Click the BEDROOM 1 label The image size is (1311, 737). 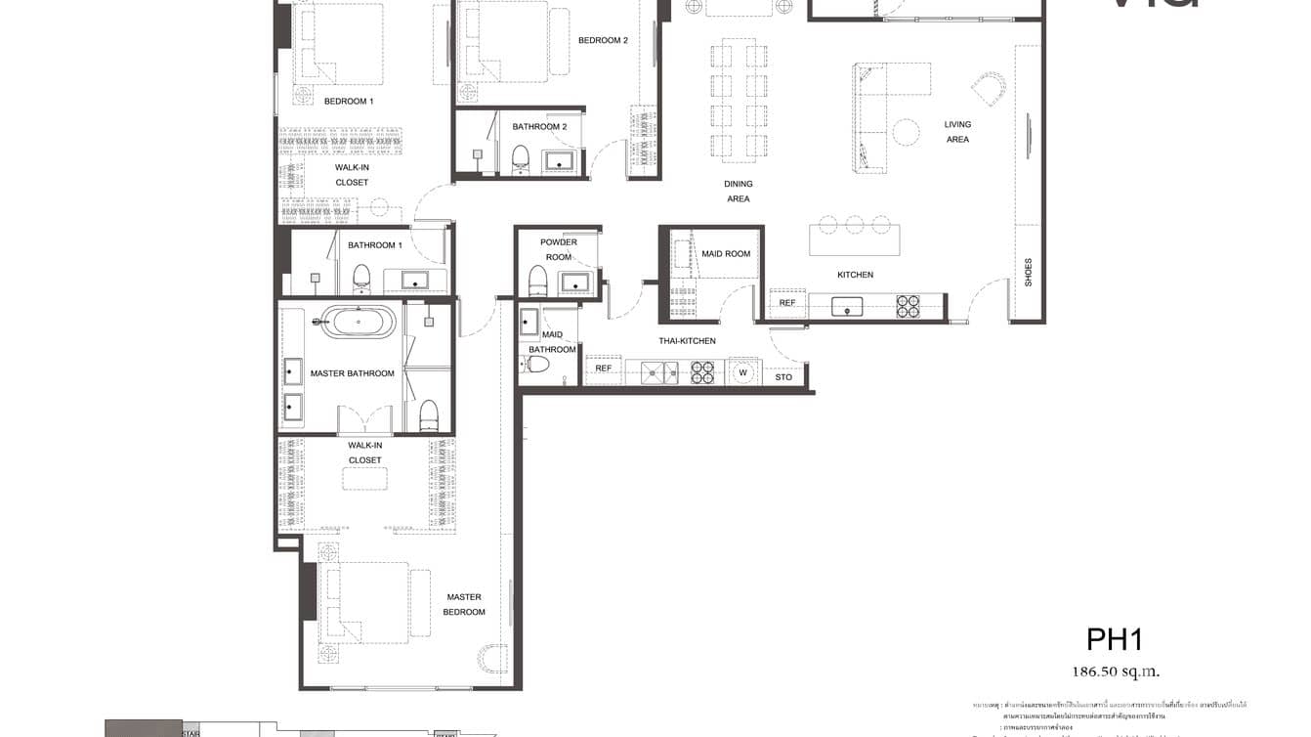coord(349,101)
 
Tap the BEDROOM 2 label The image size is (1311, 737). coord(603,40)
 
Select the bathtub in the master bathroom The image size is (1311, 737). coord(359,321)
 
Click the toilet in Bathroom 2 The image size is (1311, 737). coord(520,159)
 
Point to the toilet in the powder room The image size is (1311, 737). coord(536,281)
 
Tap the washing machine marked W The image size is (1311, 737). coord(743,371)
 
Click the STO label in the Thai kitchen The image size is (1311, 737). coord(783,376)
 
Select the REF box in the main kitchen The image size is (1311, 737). coord(787,303)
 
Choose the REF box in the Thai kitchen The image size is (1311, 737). coord(604,368)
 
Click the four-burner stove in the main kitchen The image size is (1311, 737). coord(909,306)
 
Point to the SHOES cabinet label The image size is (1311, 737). coord(1028,272)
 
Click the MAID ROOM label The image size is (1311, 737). coord(726,254)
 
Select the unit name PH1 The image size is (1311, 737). coord(1115,639)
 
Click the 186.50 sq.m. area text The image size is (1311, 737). coord(1116,672)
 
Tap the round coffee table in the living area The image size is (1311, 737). coord(906,132)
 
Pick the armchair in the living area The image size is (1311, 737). coord(990,89)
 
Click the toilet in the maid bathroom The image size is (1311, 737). coord(535,365)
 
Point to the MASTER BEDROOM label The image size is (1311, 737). coord(464,604)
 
